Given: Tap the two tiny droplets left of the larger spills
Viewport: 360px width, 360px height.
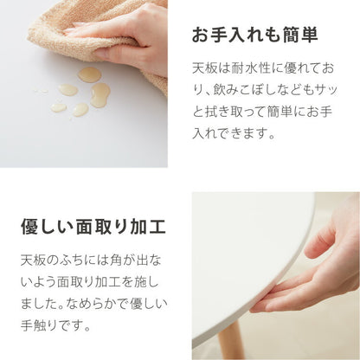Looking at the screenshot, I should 41,88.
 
